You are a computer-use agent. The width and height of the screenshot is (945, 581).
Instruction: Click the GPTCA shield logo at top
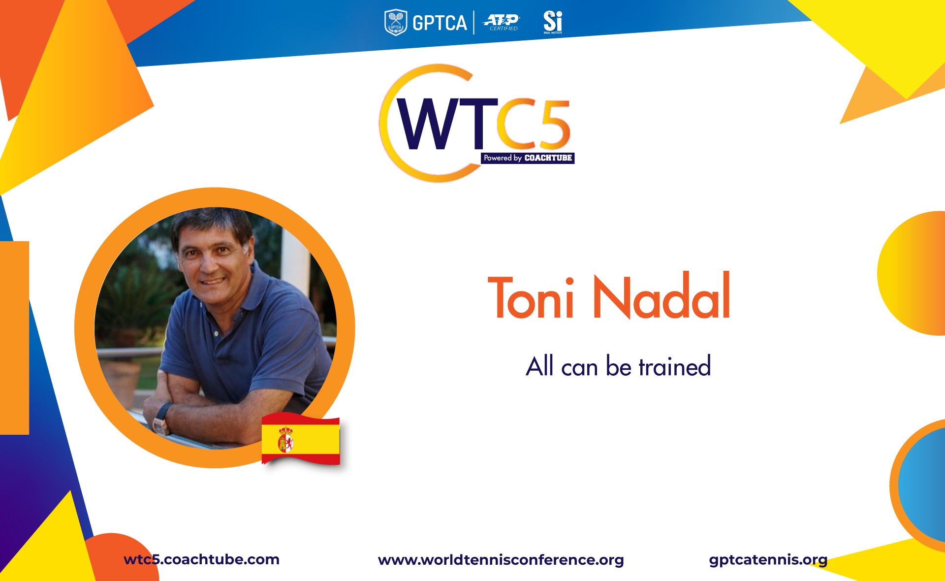coord(395,23)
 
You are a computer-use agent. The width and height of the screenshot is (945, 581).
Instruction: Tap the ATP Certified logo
coord(502,22)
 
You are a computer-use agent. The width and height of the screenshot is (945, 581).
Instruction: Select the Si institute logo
coord(553,22)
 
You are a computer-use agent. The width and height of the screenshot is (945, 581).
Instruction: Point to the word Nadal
coord(662,295)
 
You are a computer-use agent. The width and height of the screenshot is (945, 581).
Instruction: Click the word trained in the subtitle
coord(675,366)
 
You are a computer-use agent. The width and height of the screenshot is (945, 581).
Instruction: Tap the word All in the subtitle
coord(540,366)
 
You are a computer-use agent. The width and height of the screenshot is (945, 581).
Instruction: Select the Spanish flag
coord(301,439)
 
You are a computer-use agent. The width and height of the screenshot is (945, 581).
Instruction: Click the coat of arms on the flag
coord(285,440)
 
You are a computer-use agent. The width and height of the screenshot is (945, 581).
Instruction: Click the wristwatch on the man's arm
coord(161,419)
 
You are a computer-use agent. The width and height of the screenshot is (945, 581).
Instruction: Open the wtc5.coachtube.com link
coord(201,559)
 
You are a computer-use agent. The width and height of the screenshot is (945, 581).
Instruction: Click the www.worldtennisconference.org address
coord(501,560)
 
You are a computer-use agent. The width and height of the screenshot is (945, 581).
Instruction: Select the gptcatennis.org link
coord(768,560)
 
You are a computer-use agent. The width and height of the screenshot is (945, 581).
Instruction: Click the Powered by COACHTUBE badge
coord(528,158)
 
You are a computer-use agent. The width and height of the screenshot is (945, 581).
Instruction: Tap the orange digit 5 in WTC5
coord(554,124)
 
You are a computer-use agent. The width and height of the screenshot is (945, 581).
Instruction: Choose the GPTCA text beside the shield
coord(440,23)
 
